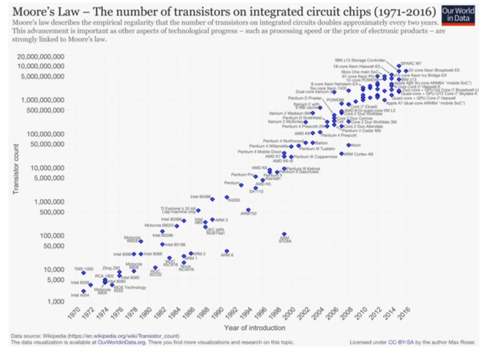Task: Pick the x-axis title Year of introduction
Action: (254, 328)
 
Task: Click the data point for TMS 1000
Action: (83, 273)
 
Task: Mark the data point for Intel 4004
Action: (83, 291)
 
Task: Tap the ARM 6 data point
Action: (226, 252)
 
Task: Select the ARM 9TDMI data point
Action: (284, 234)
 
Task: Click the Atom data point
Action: (348, 145)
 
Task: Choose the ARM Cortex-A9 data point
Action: (341, 154)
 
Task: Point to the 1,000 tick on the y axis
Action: (56, 302)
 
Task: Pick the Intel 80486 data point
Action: (212, 199)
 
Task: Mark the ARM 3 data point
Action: (212, 219)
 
